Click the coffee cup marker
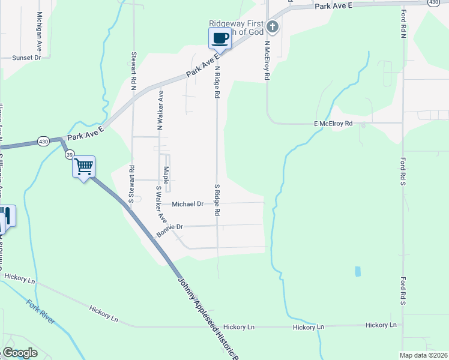(x=220, y=39)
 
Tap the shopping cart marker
(x=84, y=166)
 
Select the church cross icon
(x=273, y=26)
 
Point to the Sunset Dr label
(x=28, y=58)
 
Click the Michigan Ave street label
(x=39, y=26)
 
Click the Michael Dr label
(x=188, y=204)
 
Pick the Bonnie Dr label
(x=169, y=228)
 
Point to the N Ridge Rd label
(x=217, y=82)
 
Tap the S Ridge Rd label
(x=217, y=200)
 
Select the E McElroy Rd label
(x=332, y=123)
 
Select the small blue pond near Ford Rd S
(x=358, y=271)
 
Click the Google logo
(x=20, y=353)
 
